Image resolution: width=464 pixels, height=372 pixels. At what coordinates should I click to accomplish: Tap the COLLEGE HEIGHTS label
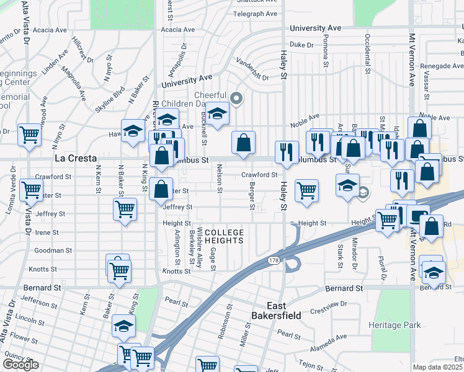click(221, 236)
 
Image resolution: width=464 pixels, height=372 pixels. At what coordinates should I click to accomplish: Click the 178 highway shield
click(274, 261)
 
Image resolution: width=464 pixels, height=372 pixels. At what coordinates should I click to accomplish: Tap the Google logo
click(20, 365)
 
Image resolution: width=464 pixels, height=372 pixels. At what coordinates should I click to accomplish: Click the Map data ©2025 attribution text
click(438, 367)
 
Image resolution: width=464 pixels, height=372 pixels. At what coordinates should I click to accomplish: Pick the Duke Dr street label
click(301, 45)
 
